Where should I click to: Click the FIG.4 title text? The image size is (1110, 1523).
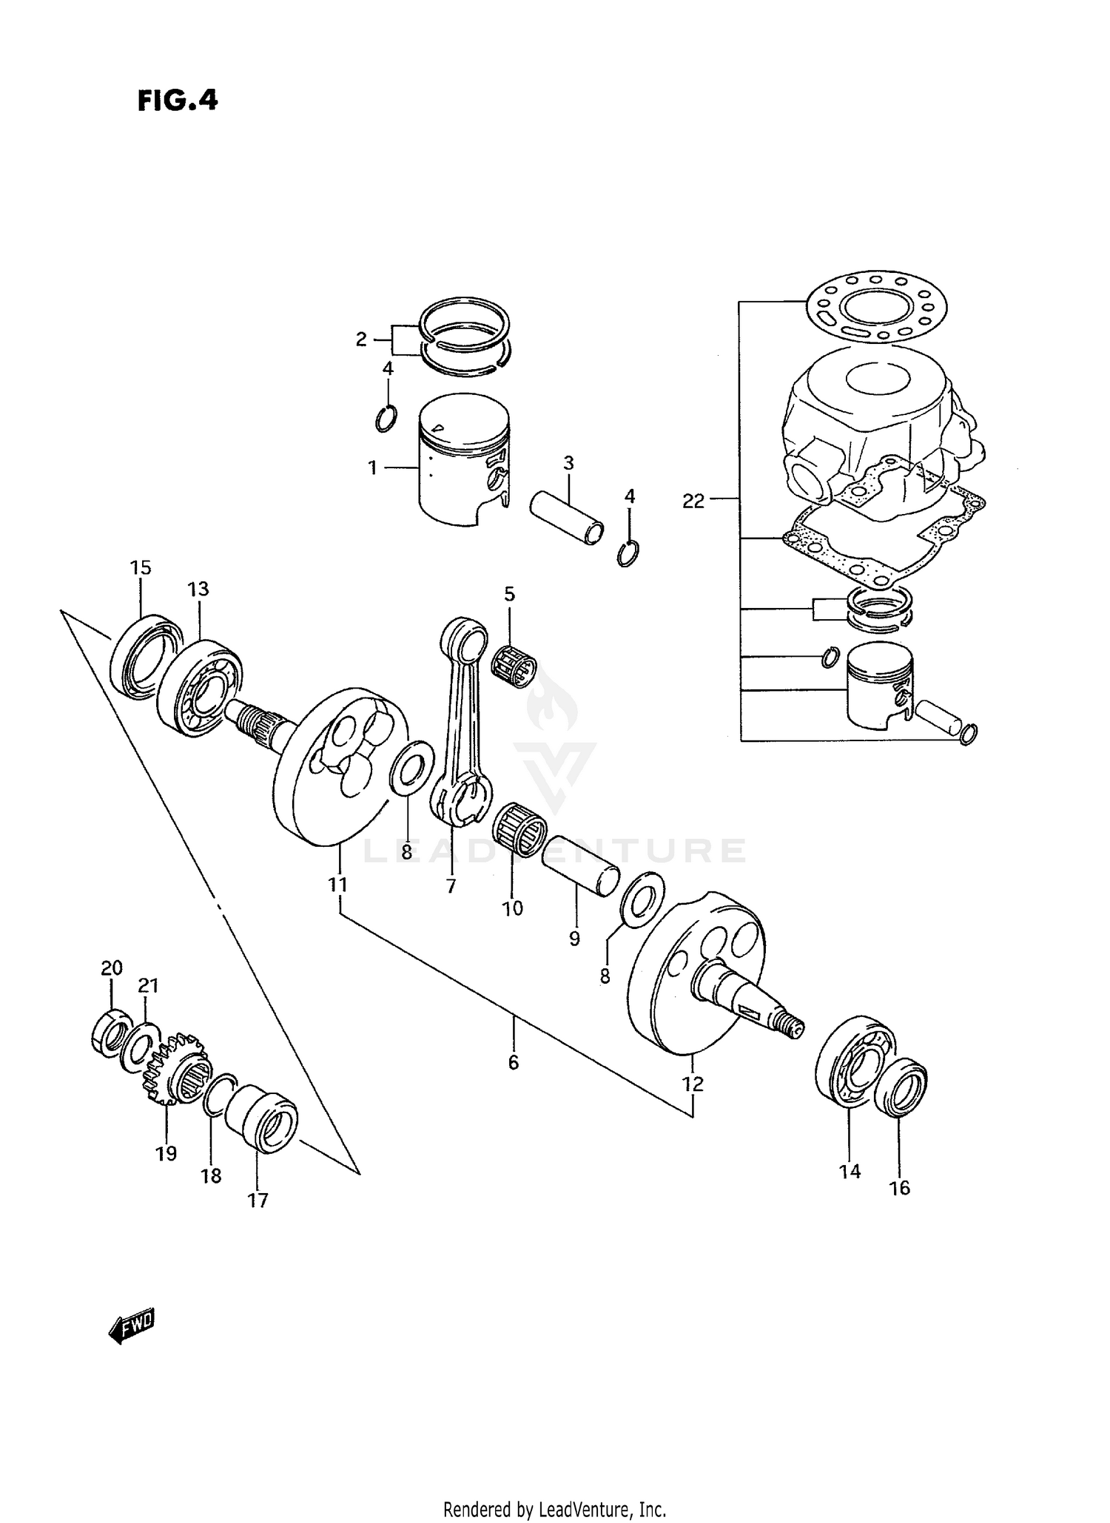coord(178,101)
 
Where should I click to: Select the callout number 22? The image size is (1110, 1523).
coord(693,502)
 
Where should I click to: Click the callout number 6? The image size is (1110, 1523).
coord(514,1063)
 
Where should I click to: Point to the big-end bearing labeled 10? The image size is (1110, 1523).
coord(519,832)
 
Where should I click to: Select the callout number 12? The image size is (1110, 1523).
coord(693,1084)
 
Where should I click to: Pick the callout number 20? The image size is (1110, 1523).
coord(111,968)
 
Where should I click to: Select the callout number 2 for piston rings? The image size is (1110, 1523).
coord(361,340)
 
